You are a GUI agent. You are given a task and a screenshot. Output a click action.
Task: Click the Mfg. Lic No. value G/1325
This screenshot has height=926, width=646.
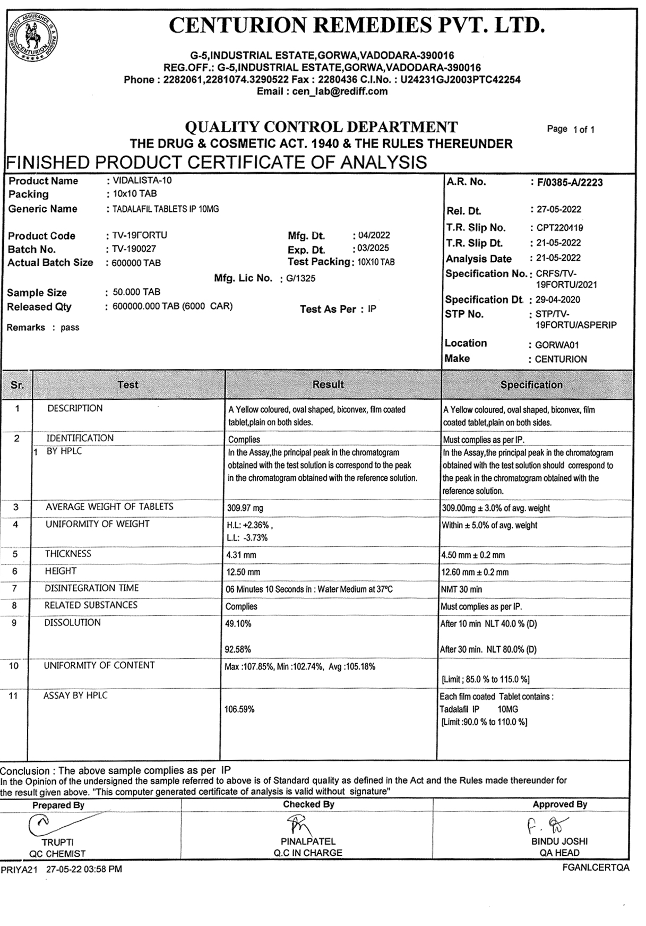[x=300, y=278]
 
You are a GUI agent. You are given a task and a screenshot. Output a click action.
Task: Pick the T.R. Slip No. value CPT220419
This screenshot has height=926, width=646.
[x=559, y=228]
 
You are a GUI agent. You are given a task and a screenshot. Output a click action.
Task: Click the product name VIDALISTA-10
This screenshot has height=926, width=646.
[x=142, y=181]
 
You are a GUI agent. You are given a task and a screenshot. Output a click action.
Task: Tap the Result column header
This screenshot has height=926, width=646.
[x=328, y=384]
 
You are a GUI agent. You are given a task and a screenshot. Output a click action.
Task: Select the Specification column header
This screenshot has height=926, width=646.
[x=531, y=384]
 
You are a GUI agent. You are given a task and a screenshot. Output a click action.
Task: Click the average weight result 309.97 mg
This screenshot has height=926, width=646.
[x=245, y=508]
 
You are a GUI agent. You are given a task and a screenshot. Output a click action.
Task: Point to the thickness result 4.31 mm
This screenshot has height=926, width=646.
[x=242, y=555]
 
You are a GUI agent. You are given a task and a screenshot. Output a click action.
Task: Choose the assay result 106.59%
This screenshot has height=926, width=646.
[x=239, y=709]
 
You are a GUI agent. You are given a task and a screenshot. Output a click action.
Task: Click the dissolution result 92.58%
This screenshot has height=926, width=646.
[x=238, y=649]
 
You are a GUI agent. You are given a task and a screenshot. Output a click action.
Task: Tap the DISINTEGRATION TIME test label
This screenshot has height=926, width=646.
[x=92, y=588]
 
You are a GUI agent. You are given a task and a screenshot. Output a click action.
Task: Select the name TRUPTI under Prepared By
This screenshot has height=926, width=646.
[x=58, y=842]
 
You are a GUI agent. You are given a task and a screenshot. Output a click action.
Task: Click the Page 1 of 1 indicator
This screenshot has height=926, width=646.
[x=571, y=129]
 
